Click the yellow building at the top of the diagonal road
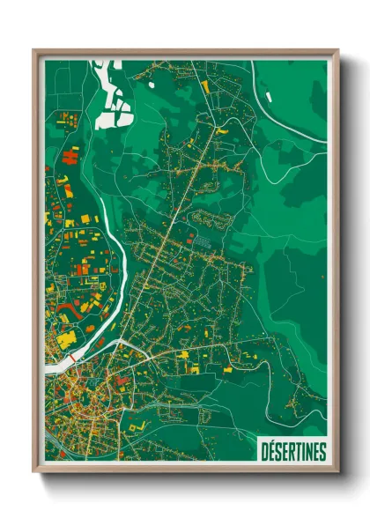pyautogui.click(x=205, y=86)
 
